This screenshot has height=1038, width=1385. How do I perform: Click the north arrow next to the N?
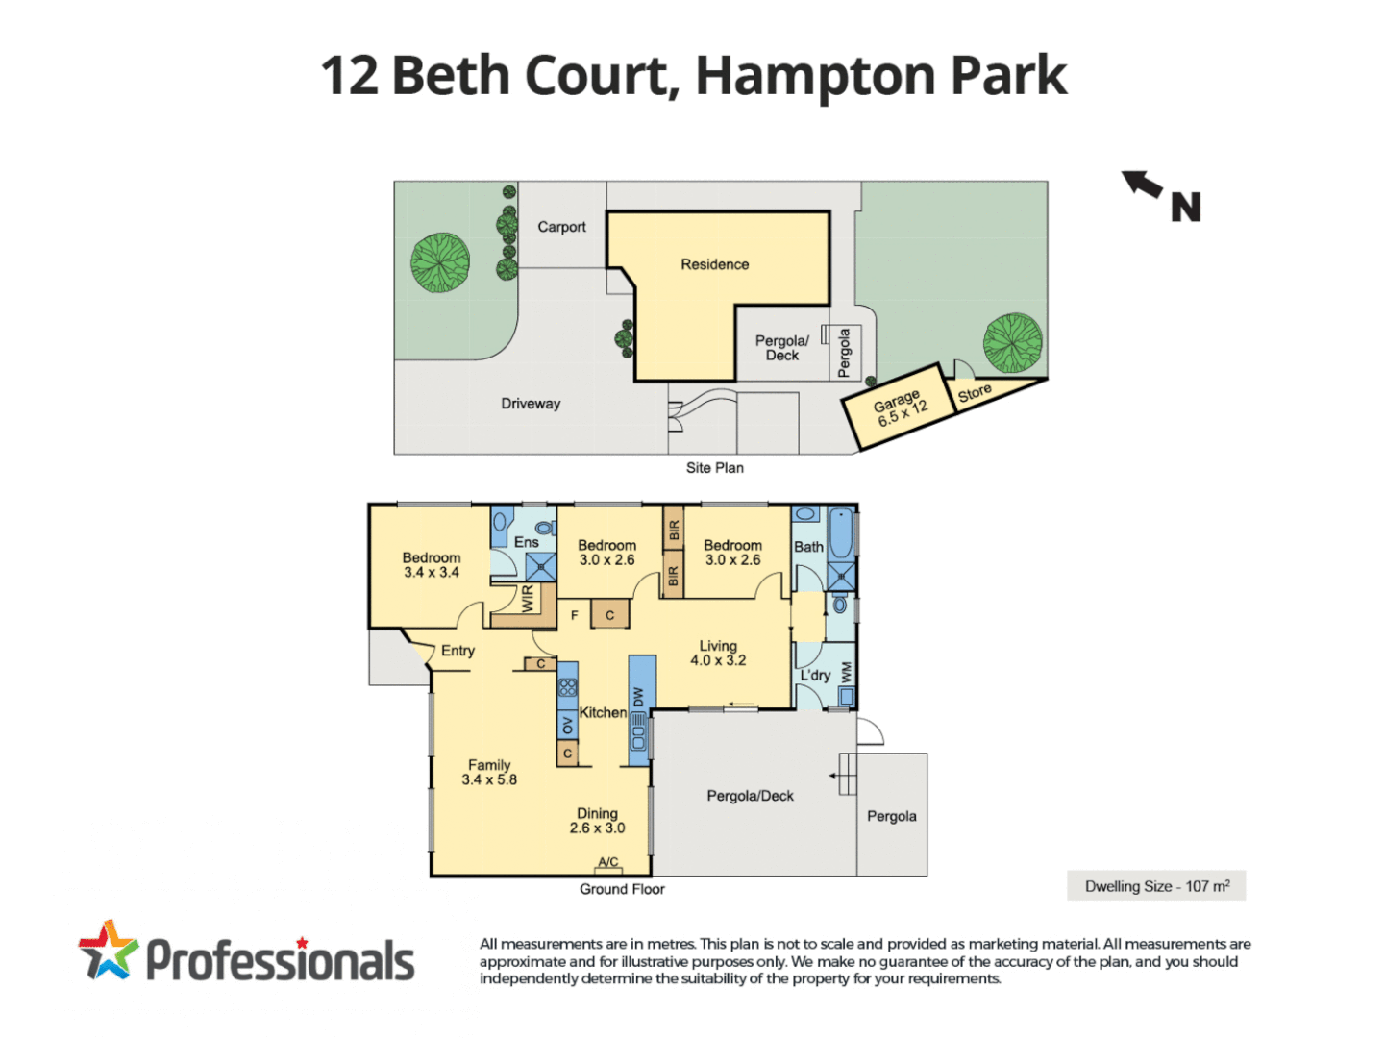[1142, 183]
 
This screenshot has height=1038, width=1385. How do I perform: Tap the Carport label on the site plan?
[561, 227]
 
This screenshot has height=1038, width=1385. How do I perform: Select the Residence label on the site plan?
[714, 264]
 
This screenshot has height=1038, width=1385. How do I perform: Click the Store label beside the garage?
[974, 393]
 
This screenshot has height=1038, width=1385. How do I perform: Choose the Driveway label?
[531, 404]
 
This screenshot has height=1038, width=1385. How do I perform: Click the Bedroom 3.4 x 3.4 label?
[431, 565]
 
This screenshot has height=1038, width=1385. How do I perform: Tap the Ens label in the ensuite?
[526, 542]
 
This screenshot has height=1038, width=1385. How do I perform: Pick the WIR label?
[527, 599]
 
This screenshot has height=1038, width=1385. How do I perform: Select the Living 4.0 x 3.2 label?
[718, 654]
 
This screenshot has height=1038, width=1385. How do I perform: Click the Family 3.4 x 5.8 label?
[489, 773]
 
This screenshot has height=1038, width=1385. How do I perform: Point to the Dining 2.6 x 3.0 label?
[597, 821]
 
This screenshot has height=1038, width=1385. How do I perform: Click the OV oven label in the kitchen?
[568, 726]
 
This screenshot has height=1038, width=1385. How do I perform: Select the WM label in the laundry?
[846, 671]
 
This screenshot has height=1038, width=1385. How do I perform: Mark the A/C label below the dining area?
[608, 862]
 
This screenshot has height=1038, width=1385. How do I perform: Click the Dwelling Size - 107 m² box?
[1156, 886]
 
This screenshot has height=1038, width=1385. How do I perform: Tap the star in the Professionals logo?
[108, 950]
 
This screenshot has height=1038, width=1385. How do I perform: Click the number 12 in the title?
[349, 76]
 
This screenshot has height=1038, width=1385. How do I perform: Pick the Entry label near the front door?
[458, 651]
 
